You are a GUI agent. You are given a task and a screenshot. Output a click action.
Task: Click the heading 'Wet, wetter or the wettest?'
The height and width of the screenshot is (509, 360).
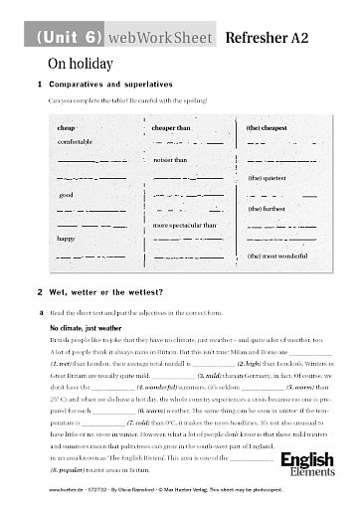tap(103, 293)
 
